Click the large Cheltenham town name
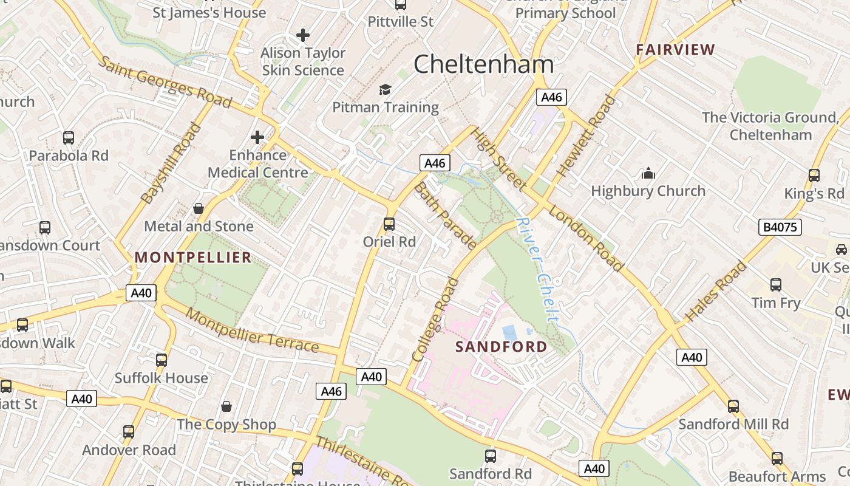(x=484, y=64)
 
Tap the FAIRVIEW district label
(x=675, y=50)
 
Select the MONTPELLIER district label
(x=193, y=258)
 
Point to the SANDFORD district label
(x=501, y=347)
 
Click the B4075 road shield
(x=780, y=227)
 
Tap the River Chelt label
(x=537, y=269)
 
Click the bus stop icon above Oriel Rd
(x=389, y=224)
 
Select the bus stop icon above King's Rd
(x=814, y=176)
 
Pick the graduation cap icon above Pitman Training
(x=386, y=90)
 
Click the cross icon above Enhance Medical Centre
(x=257, y=137)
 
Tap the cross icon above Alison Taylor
(x=303, y=35)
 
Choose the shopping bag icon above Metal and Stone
(x=198, y=208)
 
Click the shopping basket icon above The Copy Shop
(x=226, y=406)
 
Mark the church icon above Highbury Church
(x=648, y=174)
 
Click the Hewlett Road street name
(x=586, y=136)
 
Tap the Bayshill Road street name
(x=171, y=163)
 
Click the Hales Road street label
(x=716, y=292)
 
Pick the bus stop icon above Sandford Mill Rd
(x=733, y=406)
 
